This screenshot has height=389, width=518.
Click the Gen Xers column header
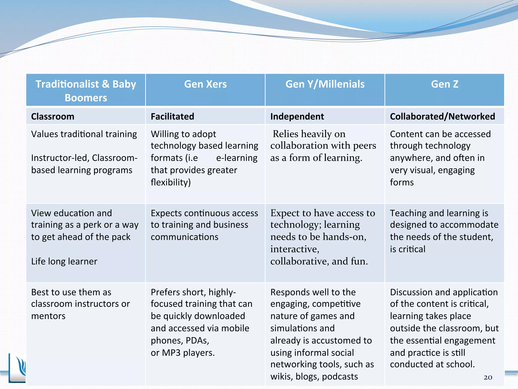coord(205,84)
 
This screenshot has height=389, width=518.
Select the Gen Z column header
coord(444,84)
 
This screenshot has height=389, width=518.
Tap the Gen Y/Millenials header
coord(325,84)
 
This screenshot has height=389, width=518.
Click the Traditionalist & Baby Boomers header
coord(86,91)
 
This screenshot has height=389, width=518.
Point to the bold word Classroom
coord(53,116)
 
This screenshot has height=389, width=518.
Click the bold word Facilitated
coord(172,116)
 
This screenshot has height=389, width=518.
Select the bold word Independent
coord(297,116)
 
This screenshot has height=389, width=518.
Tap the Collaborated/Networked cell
coord(442,116)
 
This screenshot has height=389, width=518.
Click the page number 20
coord(488,377)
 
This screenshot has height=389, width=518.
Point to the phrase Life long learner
coord(64,261)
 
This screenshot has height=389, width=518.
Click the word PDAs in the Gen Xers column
coord(197,341)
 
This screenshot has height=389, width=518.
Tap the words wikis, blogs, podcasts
coord(314,377)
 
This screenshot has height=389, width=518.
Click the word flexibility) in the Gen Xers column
coord(171,182)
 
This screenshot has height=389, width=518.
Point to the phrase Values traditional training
coord(84,134)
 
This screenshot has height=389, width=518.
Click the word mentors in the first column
coord(48,316)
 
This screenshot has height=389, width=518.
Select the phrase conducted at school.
coord(432,364)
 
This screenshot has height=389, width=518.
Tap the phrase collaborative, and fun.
coord(319,261)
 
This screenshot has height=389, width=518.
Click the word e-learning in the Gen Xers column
coord(237,158)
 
